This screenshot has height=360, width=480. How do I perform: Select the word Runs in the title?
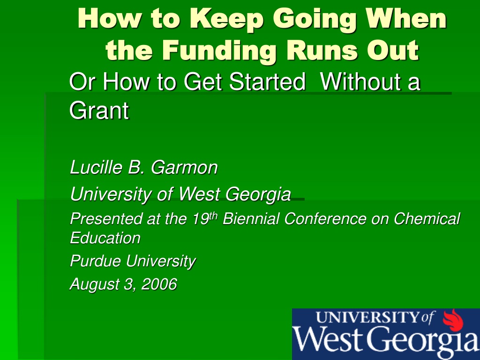[x=322, y=50]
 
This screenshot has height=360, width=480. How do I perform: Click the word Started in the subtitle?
[x=267, y=82]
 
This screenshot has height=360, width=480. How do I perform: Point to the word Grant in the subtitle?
[x=99, y=110]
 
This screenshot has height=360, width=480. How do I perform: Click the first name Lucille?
[x=96, y=167]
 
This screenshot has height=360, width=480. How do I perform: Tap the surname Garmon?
[x=184, y=167]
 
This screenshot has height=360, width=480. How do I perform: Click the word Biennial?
[x=251, y=218]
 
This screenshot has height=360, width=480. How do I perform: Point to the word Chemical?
[x=427, y=218]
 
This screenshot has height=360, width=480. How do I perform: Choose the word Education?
[x=105, y=238]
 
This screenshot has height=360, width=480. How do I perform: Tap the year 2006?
[x=159, y=284]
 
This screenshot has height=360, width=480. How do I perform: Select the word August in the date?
[x=95, y=285]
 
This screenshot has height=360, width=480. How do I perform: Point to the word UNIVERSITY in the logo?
[x=367, y=317]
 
